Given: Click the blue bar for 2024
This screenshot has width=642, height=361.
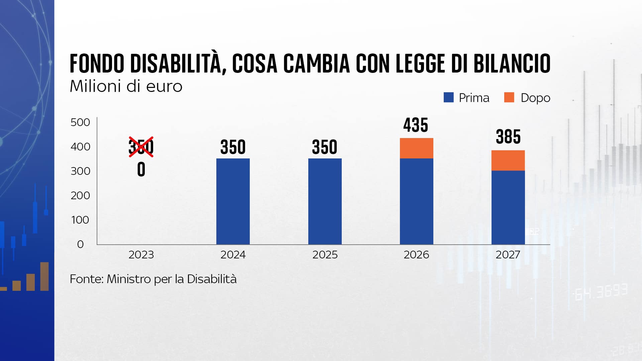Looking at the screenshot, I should pyautogui.click(x=233, y=201).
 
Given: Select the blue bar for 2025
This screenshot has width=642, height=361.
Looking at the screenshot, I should pyautogui.click(x=325, y=201).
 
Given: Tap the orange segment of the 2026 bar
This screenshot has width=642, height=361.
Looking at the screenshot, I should pyautogui.click(x=416, y=148).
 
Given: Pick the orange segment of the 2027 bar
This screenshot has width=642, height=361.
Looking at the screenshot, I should pyautogui.click(x=508, y=160).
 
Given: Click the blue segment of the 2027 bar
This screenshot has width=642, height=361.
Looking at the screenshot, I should pyautogui.click(x=508, y=207).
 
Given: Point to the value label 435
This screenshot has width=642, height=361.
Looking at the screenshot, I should pyautogui.click(x=416, y=125).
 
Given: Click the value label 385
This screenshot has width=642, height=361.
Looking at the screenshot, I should pyautogui.click(x=508, y=137).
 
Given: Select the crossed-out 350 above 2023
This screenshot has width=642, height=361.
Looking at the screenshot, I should pyautogui.click(x=141, y=146).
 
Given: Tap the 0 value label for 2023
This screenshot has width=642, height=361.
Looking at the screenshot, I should pyautogui.click(x=141, y=170).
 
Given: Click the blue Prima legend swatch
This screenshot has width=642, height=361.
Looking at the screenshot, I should pyautogui.click(x=448, y=98).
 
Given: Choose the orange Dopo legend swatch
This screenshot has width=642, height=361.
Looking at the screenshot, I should pyautogui.click(x=509, y=98).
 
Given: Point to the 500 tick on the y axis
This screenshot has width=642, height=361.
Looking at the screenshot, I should pyautogui.click(x=80, y=122).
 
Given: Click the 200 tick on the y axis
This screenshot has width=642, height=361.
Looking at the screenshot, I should pyautogui.click(x=80, y=196).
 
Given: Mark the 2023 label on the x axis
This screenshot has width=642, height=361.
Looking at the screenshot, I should pyautogui.click(x=141, y=255).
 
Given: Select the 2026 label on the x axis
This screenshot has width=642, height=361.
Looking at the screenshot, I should pyautogui.click(x=416, y=255).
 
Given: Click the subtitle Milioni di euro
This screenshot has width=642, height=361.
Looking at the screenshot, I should pyautogui.click(x=126, y=86).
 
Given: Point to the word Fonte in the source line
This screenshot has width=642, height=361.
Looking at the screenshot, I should pyautogui.click(x=86, y=279).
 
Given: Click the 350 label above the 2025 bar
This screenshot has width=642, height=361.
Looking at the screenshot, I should pyautogui.click(x=325, y=147).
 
